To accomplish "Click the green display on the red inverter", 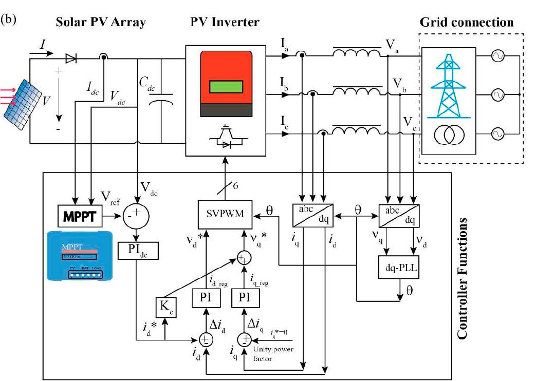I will [226, 87].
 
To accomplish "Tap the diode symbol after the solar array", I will [71, 58].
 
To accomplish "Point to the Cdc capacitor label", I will [146, 82].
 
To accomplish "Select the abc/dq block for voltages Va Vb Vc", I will [397, 212].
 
